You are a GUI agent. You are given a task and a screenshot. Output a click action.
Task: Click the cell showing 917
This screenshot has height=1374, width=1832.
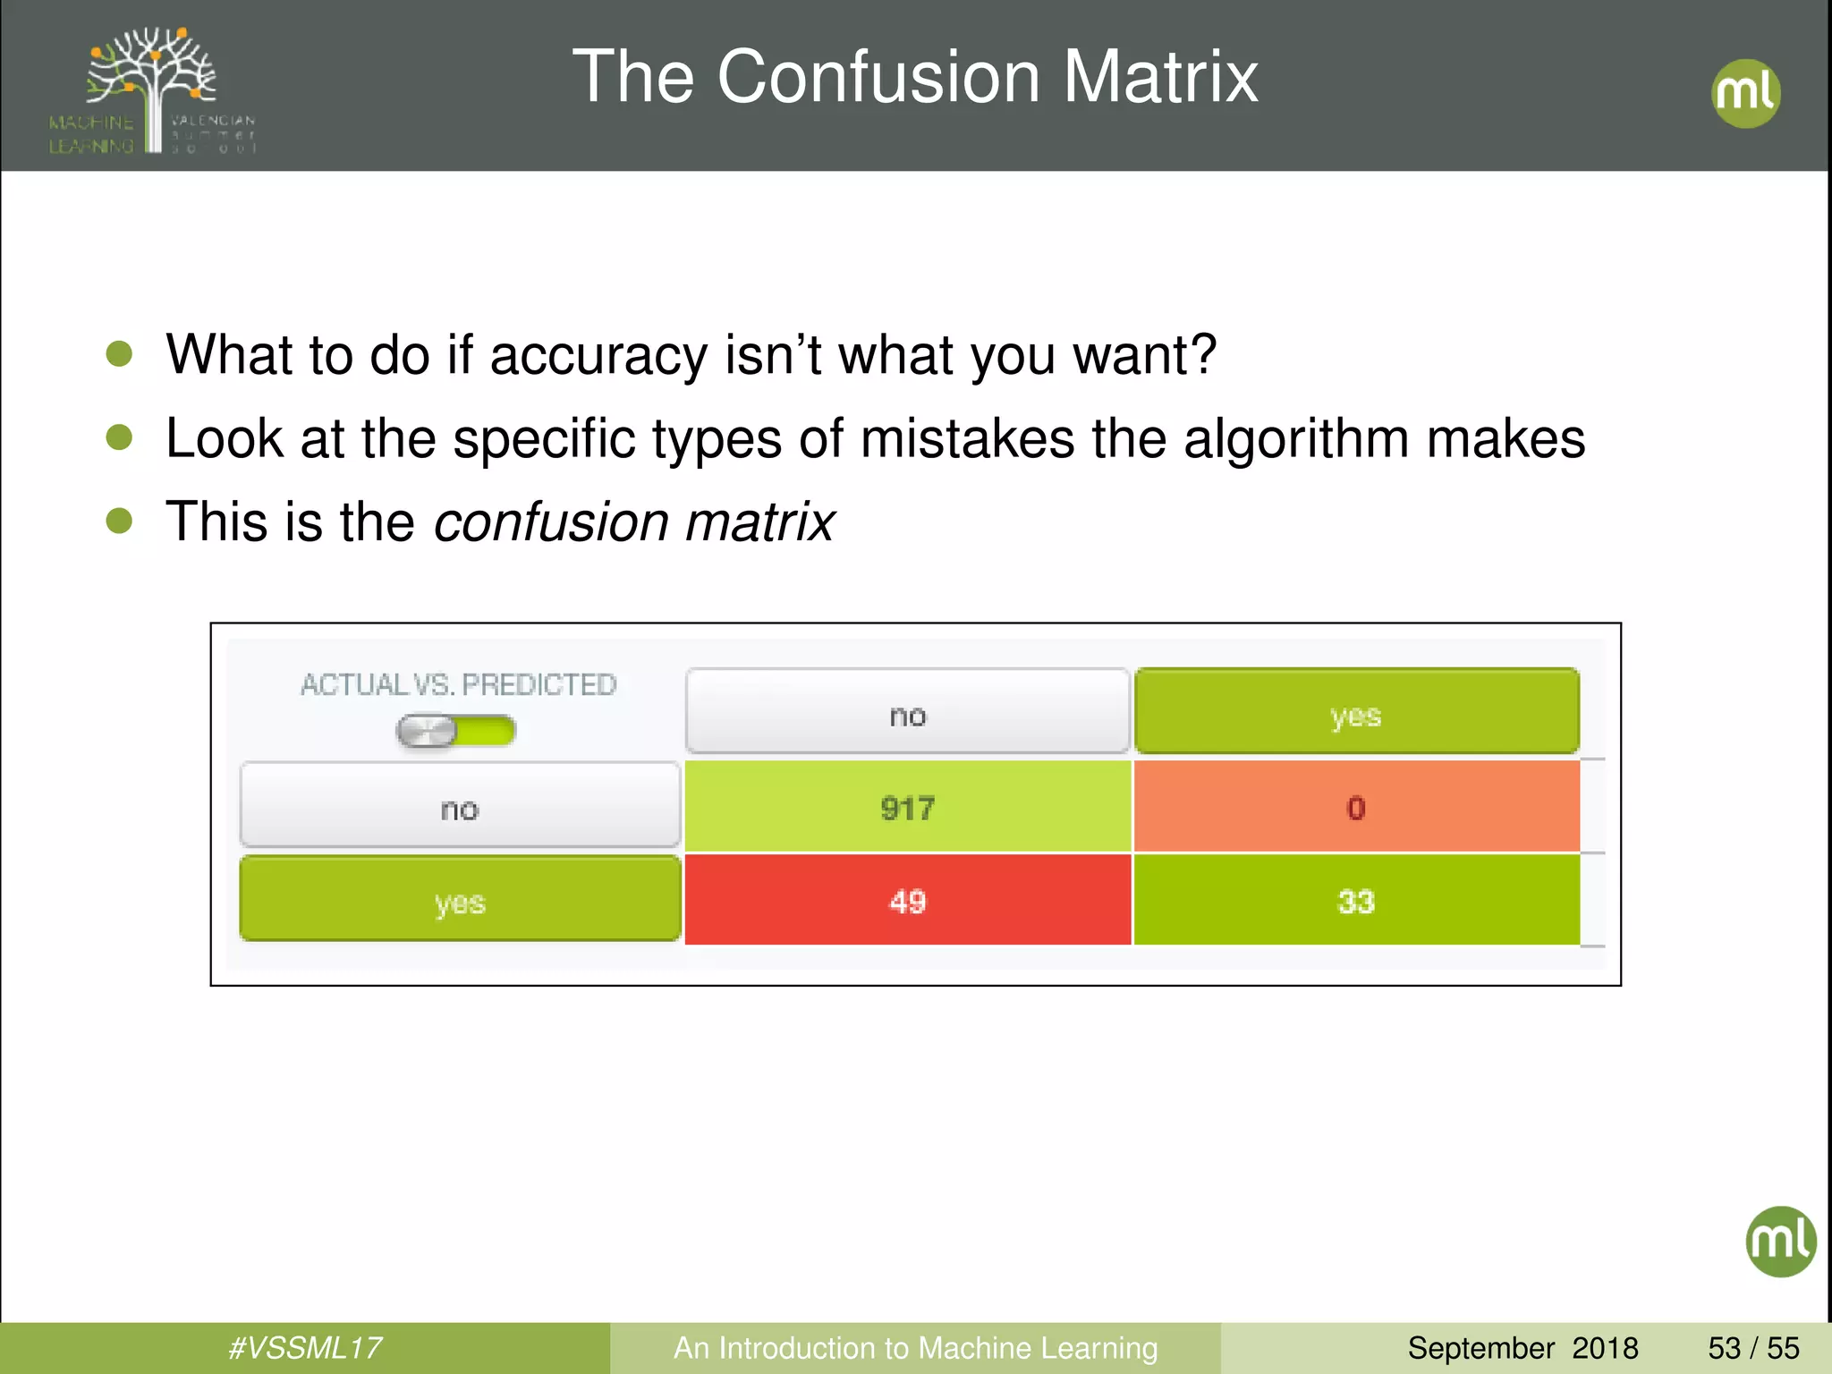908,808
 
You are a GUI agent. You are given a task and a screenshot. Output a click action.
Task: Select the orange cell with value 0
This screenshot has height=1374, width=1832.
1356,808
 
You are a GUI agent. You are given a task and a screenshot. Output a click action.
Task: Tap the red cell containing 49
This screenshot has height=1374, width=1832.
908,901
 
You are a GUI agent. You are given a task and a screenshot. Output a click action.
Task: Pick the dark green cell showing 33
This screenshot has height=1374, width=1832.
1356,901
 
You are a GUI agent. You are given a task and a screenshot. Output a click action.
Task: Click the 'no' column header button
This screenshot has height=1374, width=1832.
908,713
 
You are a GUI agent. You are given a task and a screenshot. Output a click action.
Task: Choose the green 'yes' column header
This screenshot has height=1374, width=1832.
1356,713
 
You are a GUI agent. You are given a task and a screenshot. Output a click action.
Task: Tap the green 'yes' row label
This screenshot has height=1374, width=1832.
460,900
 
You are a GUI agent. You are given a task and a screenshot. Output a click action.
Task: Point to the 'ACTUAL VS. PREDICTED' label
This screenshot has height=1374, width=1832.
459,684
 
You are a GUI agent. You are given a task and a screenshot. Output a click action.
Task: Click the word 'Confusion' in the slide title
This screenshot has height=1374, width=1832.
878,77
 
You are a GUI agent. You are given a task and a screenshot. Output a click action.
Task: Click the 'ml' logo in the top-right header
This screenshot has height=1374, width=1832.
1745,93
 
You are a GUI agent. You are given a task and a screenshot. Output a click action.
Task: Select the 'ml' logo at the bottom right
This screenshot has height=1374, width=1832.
1780,1241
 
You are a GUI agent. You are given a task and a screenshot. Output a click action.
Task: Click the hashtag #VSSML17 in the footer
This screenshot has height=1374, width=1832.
305,1347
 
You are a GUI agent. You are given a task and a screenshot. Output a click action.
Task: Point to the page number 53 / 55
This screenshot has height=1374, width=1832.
1753,1347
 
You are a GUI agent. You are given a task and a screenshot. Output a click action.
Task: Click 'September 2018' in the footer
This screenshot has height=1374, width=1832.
1522,1347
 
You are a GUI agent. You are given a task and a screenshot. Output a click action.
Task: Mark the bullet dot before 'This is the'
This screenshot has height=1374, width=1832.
119,521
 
